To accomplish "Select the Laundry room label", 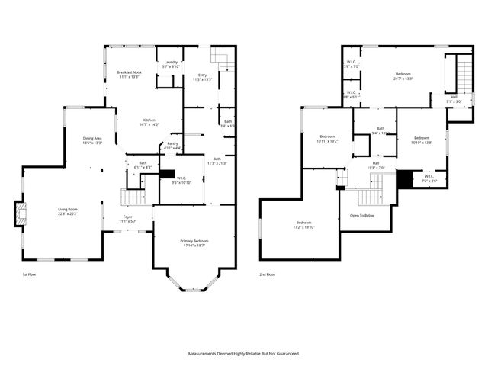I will coord(170,64).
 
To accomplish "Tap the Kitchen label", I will coord(149,122).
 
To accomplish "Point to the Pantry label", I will coord(172,146).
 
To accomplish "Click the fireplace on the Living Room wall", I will coord(21,213).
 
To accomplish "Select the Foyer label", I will coord(127,219).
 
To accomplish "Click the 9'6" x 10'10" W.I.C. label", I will coord(181,181).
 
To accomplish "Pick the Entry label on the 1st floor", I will coord(201,77).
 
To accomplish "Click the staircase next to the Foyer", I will coord(133,197).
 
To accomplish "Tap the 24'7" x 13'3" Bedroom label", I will coord(403,76).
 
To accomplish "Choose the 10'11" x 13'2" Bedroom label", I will coord(326,140).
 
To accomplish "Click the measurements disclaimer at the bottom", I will coord(244,354).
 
